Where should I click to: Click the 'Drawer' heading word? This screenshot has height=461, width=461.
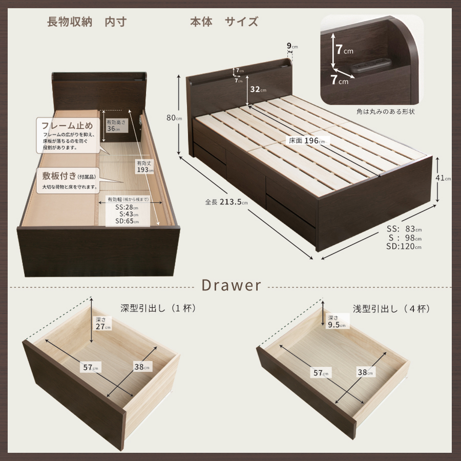231,285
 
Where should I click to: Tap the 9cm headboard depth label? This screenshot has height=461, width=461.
292,46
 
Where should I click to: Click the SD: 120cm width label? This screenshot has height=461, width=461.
404,246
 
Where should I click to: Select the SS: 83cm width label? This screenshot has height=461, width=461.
405,229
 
